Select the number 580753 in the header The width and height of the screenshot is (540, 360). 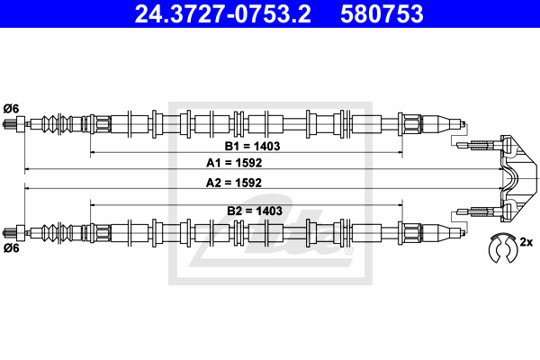click(382, 13)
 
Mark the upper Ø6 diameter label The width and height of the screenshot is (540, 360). click(11, 109)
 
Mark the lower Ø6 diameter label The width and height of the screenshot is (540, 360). click(11, 247)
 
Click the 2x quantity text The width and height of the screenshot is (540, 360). click(526, 242)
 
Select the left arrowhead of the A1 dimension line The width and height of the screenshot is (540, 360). click(26, 169)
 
